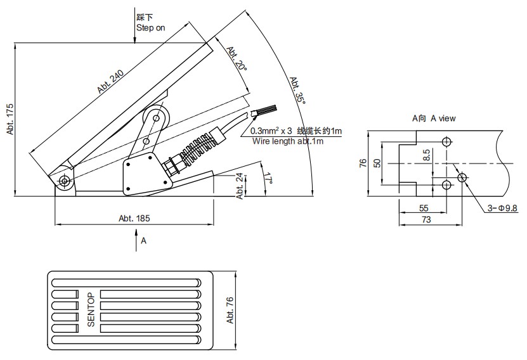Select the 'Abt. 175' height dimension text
tap(10, 119)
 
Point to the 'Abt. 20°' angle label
tap(236, 59)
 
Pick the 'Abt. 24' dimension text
tap(240, 186)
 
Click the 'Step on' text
tap(150, 27)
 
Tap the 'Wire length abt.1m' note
tap(288, 141)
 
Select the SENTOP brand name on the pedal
tap(91, 309)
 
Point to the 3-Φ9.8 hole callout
tap(503, 208)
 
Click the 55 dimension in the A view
tap(423, 208)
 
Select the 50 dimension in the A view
tap(377, 163)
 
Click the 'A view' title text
tap(434, 118)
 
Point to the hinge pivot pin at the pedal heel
tap(65, 181)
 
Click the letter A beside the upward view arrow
tap(143, 241)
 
